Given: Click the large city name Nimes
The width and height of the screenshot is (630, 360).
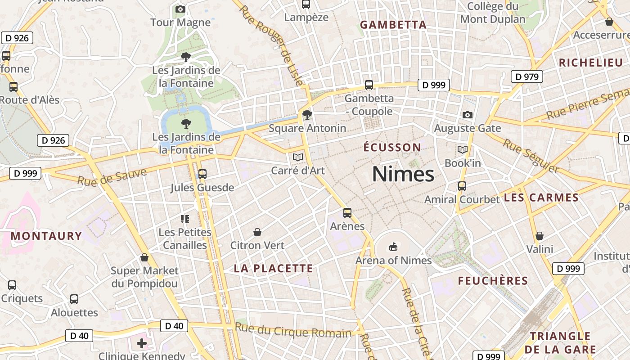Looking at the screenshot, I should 403,174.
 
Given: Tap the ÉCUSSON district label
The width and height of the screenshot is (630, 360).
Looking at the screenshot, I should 392,147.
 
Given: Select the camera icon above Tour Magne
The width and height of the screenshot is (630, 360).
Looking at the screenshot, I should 180,9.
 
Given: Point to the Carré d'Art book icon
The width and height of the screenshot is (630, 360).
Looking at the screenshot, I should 297,157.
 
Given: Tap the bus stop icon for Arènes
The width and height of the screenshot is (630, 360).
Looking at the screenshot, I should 347,213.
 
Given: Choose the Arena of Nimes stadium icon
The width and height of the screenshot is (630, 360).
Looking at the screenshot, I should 393,247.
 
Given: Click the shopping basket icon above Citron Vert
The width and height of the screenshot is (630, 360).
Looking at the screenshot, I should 257,232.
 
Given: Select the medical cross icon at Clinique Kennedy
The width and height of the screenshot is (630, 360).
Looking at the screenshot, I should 142,344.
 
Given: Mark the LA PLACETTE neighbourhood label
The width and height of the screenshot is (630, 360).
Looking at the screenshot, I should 273,269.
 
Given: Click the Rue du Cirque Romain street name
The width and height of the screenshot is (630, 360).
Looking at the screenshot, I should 293,331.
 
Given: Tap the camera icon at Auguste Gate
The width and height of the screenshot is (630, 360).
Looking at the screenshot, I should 468,115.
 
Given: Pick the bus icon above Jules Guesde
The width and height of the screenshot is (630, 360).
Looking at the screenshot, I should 202,174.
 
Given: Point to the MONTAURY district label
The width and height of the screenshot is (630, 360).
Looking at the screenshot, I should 46,236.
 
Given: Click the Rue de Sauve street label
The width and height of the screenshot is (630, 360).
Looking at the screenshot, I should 112,177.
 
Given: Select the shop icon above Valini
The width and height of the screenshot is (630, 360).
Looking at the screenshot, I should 540,236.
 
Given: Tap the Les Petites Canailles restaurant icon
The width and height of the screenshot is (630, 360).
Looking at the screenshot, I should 184,219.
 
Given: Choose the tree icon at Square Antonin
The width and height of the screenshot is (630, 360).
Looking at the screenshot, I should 307,115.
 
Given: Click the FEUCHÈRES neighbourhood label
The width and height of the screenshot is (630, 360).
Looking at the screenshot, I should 493,281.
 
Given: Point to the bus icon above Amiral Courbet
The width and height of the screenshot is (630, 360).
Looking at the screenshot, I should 462,186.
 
